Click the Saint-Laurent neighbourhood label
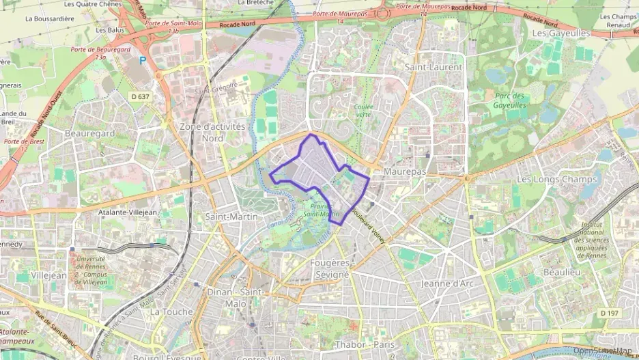point(434,67)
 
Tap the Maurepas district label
point(405,172)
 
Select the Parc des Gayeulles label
point(510,100)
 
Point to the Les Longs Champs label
point(557,180)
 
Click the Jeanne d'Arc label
point(447,283)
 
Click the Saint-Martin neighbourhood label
point(231,217)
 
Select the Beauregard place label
point(89,133)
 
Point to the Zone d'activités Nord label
point(212,132)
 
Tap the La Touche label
point(171,311)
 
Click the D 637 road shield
point(140,96)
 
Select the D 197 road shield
point(610,312)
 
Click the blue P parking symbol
point(143,60)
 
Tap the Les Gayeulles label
point(560,33)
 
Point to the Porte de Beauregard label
point(100,53)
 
